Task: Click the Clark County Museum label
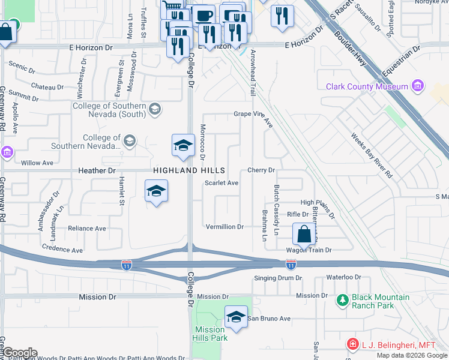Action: [x=366, y=86]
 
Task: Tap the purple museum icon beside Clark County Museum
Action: [x=418, y=86]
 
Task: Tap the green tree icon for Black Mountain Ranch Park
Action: [x=342, y=300]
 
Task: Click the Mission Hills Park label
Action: [x=210, y=334]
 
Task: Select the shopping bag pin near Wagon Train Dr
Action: [x=304, y=234]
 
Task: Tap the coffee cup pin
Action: [x=203, y=15]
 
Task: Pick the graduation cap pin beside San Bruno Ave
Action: [x=236, y=317]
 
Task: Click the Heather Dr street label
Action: [x=97, y=171]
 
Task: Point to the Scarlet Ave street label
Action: [x=221, y=183]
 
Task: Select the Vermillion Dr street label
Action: [x=224, y=227]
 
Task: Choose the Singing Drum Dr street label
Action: [x=278, y=278]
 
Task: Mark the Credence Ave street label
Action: [x=62, y=247]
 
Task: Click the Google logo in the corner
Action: [x=19, y=353]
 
